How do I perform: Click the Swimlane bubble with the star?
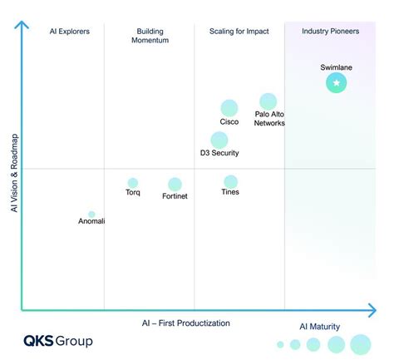pos(336,83)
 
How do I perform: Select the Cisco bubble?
pos(229,108)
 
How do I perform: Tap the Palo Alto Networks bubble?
pos(268,102)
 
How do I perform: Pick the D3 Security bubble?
pos(219,140)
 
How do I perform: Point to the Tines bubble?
pos(230,181)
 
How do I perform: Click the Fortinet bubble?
pos(175,185)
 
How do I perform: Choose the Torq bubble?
pos(132,183)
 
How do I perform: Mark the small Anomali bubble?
pos(91,215)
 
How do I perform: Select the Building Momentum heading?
pos(150,36)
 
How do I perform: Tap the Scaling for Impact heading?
pos(239,32)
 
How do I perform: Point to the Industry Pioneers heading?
pos(329,32)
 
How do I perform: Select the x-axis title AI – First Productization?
pos(185,323)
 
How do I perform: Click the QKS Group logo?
pos(57,341)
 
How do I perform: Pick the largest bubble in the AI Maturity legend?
pos(361,344)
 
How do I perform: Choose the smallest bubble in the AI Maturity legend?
pos(280,344)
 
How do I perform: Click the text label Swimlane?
pos(337,67)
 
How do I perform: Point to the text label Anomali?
pos(91,221)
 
